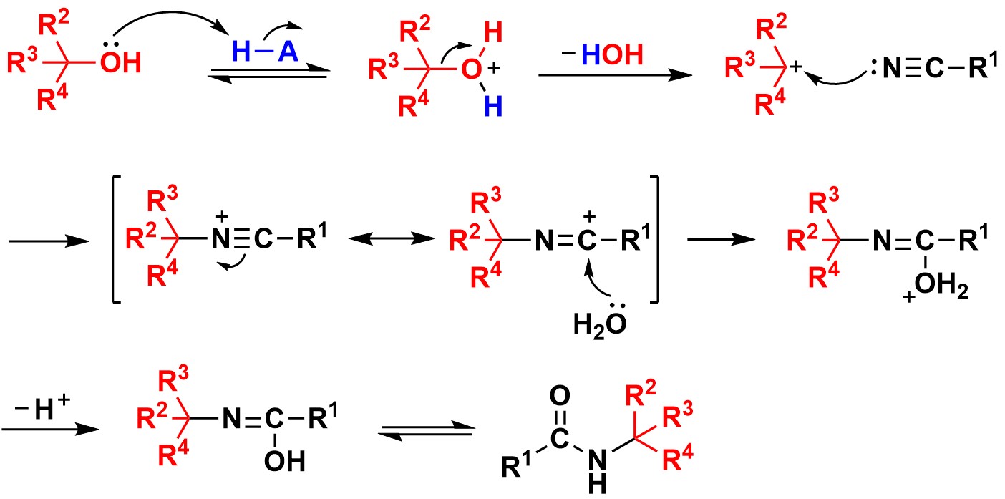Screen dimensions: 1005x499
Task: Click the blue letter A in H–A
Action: point(288,52)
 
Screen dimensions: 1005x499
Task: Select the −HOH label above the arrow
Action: point(603,54)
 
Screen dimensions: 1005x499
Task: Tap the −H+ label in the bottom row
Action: point(42,407)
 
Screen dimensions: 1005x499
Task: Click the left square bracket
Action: point(116,240)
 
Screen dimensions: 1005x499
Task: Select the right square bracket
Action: point(654,240)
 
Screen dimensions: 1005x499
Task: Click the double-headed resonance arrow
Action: point(392,238)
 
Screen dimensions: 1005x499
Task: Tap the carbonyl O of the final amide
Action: point(560,396)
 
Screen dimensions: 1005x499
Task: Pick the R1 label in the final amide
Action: point(516,465)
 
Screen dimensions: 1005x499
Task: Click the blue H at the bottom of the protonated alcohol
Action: point(493,107)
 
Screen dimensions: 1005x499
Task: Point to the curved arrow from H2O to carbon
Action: point(593,282)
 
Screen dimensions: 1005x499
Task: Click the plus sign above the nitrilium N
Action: point(222,217)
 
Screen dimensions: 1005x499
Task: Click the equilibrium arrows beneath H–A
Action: point(268,74)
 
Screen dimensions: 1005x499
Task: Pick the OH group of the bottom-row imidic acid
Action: point(284,461)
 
